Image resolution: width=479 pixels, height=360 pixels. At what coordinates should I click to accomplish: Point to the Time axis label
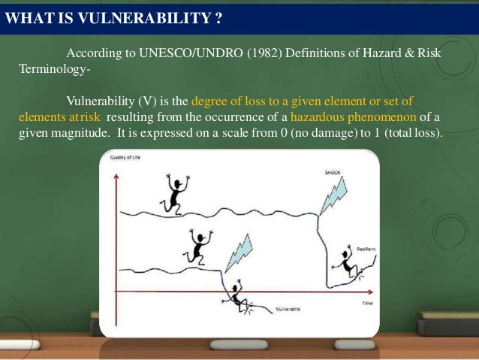point(367,303)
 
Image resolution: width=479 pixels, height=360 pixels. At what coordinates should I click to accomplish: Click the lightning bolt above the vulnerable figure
point(239,253)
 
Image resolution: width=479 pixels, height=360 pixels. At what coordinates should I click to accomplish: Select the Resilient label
point(367,248)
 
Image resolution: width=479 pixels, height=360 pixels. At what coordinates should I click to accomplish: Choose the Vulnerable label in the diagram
point(288,309)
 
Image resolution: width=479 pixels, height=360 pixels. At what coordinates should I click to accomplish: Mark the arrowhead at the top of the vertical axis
point(116,176)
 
